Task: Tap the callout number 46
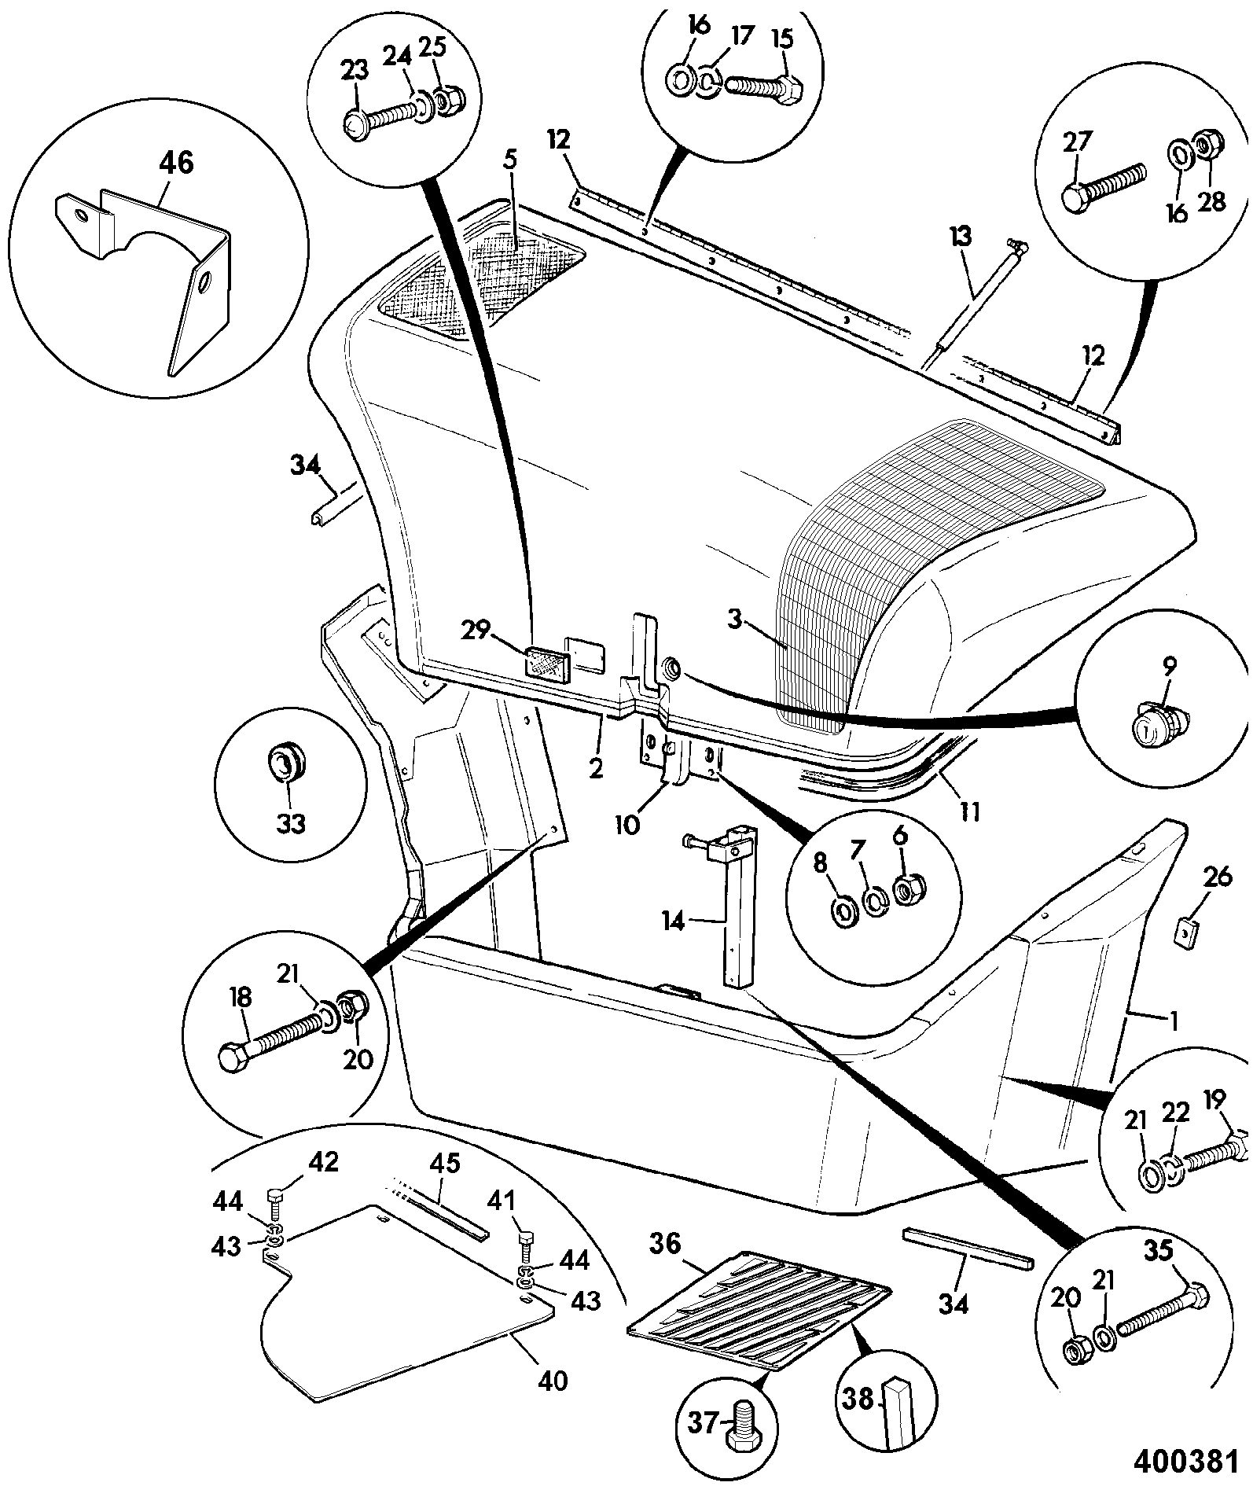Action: (x=175, y=164)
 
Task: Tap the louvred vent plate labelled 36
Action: (x=759, y=1315)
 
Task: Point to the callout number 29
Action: (x=476, y=629)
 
